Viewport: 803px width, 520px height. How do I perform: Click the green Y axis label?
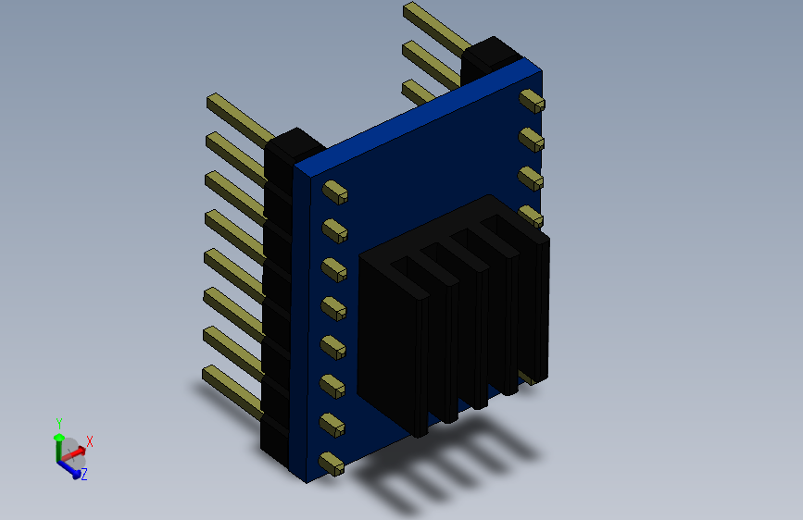[59, 424]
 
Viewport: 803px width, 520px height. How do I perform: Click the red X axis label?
[90, 441]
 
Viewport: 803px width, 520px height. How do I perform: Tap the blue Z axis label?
[84, 474]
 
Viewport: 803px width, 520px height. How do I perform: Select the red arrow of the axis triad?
[74, 452]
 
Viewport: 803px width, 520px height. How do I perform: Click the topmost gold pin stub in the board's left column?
[335, 192]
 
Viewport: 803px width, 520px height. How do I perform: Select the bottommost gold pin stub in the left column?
[332, 464]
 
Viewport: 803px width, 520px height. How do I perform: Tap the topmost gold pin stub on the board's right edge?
[532, 101]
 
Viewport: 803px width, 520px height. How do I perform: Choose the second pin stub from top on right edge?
[531, 140]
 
